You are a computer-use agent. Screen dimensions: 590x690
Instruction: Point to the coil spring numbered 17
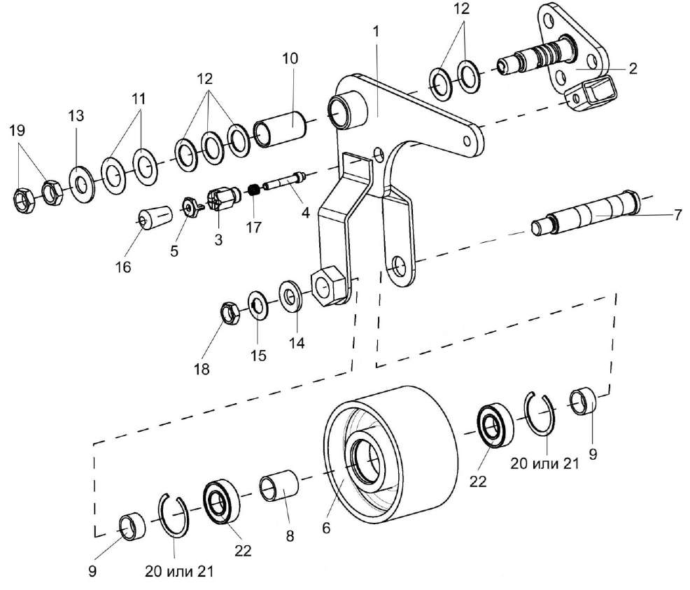tap(255, 189)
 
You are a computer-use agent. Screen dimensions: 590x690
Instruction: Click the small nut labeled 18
tap(230, 312)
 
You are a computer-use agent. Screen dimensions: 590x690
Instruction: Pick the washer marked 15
tap(258, 306)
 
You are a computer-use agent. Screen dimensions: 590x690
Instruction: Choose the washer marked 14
tap(289, 296)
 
